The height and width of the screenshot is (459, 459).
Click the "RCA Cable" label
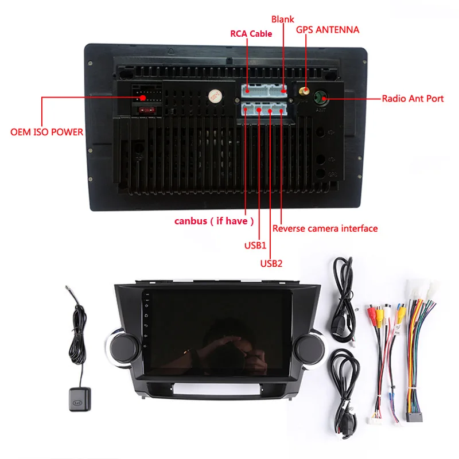[251, 34]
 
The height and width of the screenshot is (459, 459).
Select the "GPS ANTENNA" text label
[328, 29]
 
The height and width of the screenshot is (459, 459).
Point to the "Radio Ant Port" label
[413, 99]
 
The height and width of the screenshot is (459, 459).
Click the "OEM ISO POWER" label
[47, 132]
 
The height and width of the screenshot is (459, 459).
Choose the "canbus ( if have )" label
[214, 221]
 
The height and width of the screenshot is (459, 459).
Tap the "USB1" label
[256, 246]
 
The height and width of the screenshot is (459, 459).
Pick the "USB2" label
[271, 264]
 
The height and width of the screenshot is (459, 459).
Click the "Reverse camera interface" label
[325, 228]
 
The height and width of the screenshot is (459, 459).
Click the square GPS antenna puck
[76, 395]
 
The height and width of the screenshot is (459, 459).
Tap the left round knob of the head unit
[121, 348]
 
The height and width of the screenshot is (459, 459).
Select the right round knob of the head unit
[307, 348]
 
